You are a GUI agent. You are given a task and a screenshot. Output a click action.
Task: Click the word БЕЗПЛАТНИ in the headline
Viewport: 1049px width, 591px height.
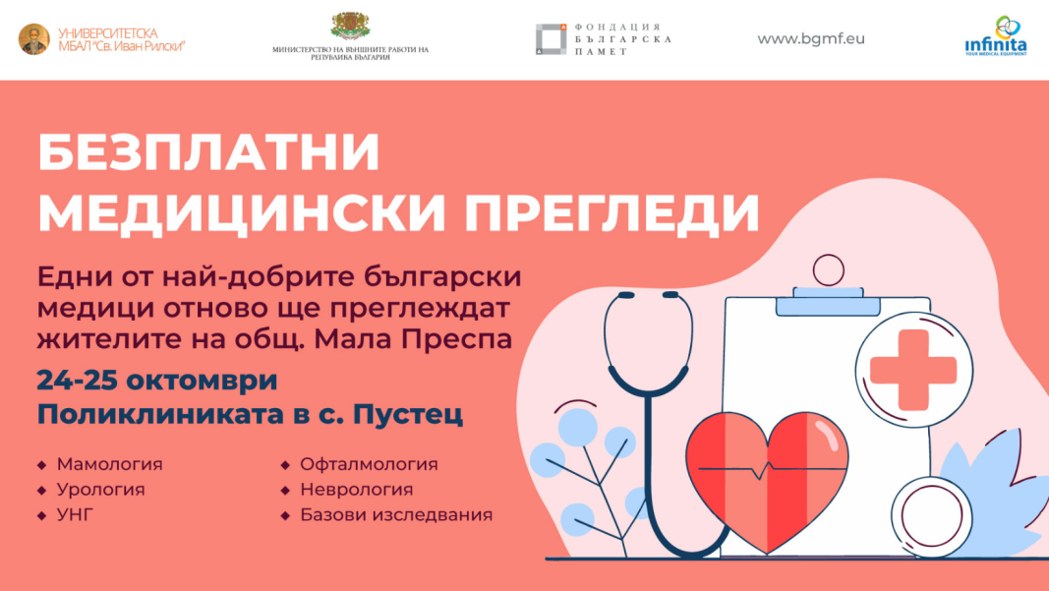tap(208, 153)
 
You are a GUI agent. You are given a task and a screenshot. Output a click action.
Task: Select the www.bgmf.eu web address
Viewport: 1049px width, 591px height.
tap(811, 38)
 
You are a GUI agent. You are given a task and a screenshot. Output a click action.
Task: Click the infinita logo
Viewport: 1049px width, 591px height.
tap(996, 36)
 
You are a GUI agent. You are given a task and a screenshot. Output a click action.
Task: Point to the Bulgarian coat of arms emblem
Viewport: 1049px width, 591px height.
tap(351, 27)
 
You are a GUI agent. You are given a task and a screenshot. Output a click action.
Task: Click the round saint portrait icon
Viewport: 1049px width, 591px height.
tap(34, 38)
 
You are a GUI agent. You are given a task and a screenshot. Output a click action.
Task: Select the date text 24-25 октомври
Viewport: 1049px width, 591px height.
tap(157, 381)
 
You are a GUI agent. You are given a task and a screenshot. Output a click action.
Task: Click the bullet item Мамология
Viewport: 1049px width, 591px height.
tap(110, 464)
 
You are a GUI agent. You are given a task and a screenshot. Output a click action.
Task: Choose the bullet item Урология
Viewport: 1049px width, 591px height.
tap(101, 490)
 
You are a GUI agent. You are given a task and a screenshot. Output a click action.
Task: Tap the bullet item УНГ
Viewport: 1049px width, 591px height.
tap(75, 514)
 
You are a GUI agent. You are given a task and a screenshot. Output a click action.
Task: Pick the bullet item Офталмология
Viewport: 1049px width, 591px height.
tap(369, 464)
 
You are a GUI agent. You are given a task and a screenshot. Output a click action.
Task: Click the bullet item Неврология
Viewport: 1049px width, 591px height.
tap(357, 490)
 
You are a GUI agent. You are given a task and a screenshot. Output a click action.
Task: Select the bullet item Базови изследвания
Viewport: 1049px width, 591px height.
tap(396, 514)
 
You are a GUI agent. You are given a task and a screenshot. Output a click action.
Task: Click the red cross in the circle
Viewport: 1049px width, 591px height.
tap(913, 370)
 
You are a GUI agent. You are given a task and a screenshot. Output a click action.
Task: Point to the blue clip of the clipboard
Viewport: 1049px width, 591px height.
tap(828, 301)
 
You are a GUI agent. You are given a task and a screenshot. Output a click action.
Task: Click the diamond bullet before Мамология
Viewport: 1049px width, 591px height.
tap(42, 464)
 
